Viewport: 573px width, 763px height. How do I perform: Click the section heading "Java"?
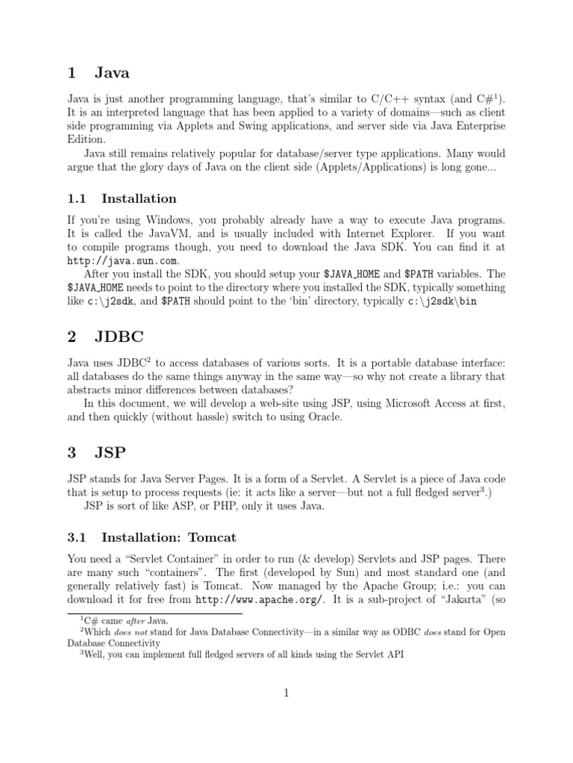click(x=112, y=72)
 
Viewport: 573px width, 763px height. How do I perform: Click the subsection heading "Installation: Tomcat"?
click(x=169, y=536)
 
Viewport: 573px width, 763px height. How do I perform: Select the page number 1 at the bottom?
click(x=286, y=693)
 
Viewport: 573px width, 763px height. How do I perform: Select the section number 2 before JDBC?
click(x=72, y=337)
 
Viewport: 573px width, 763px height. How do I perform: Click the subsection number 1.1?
click(x=77, y=198)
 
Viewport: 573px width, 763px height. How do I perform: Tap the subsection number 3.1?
click(x=77, y=536)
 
